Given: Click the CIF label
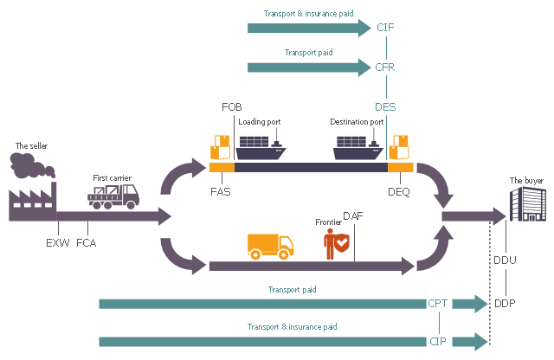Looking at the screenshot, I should [x=386, y=28].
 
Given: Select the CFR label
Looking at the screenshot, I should [x=386, y=67].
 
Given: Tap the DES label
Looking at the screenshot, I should [x=386, y=106].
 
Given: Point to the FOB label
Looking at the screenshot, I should [x=232, y=106].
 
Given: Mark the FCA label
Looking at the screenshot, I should [x=87, y=242].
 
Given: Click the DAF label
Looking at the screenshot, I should [x=353, y=215].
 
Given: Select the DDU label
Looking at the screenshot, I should [x=505, y=260].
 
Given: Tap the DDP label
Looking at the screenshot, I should [x=505, y=304].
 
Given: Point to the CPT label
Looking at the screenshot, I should [x=438, y=304].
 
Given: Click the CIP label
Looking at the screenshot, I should [x=438, y=341].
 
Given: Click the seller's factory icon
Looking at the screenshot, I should [x=33, y=190].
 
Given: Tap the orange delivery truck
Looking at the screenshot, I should [x=269, y=247].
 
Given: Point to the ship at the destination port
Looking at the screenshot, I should [x=358, y=149].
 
